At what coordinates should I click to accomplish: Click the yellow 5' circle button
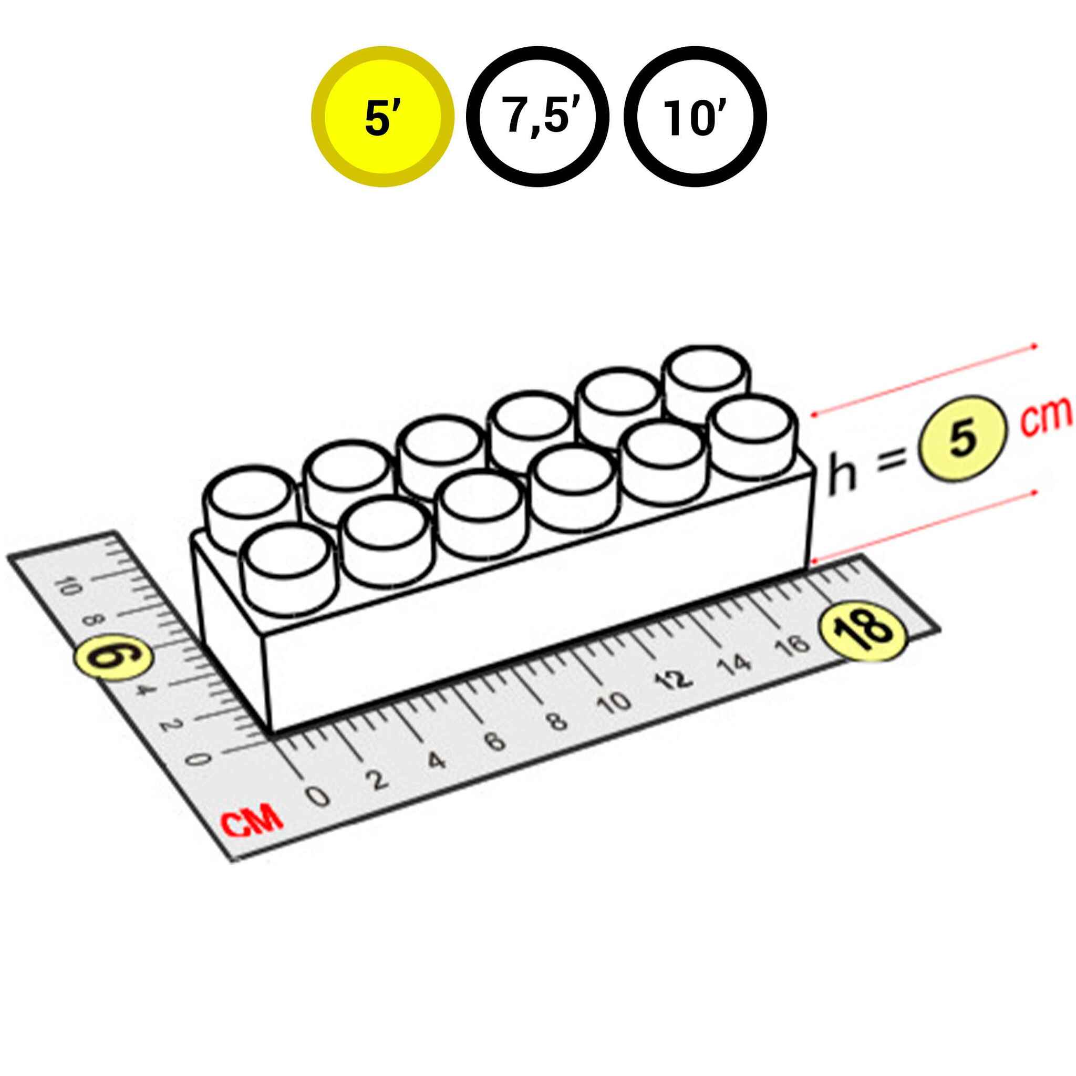click(382, 117)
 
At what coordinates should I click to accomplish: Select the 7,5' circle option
click(537, 117)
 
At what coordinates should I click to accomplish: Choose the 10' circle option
click(695, 117)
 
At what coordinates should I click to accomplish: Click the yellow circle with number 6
click(114, 658)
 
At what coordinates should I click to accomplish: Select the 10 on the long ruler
click(614, 703)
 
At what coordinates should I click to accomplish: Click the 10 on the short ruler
click(67, 586)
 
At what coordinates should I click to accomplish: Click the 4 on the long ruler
click(437, 760)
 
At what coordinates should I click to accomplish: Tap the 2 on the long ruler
click(379, 780)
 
